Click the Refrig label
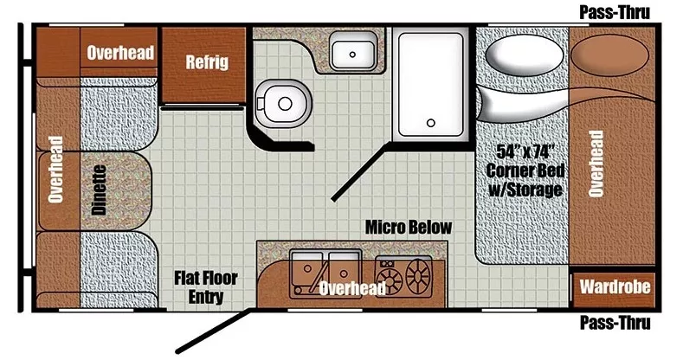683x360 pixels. tap(206, 62)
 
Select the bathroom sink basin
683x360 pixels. tap(353, 53)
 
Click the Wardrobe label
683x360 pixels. tap(615, 286)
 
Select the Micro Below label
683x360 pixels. tap(408, 228)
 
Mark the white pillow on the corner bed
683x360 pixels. tap(513, 59)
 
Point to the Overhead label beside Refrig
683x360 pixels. tap(120, 54)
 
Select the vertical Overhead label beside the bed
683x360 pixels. tap(596, 164)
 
